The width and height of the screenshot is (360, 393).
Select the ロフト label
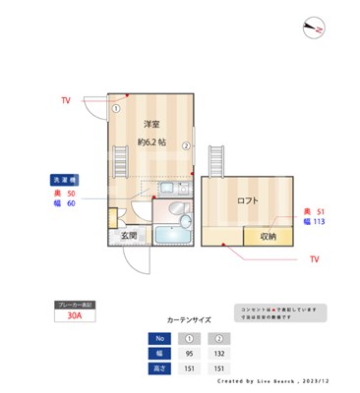(248, 200)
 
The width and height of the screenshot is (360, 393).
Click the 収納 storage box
(269, 236)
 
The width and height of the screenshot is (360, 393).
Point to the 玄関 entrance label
(129, 236)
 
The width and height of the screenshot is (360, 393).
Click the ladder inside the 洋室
(123, 157)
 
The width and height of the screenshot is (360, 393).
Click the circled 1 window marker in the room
(115, 108)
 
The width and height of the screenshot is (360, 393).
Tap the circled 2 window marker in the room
(185, 145)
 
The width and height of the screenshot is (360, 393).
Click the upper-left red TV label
(65, 101)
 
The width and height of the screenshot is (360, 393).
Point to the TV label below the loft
(314, 259)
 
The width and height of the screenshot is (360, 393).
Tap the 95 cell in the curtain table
(190, 353)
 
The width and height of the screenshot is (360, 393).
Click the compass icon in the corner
(315, 28)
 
